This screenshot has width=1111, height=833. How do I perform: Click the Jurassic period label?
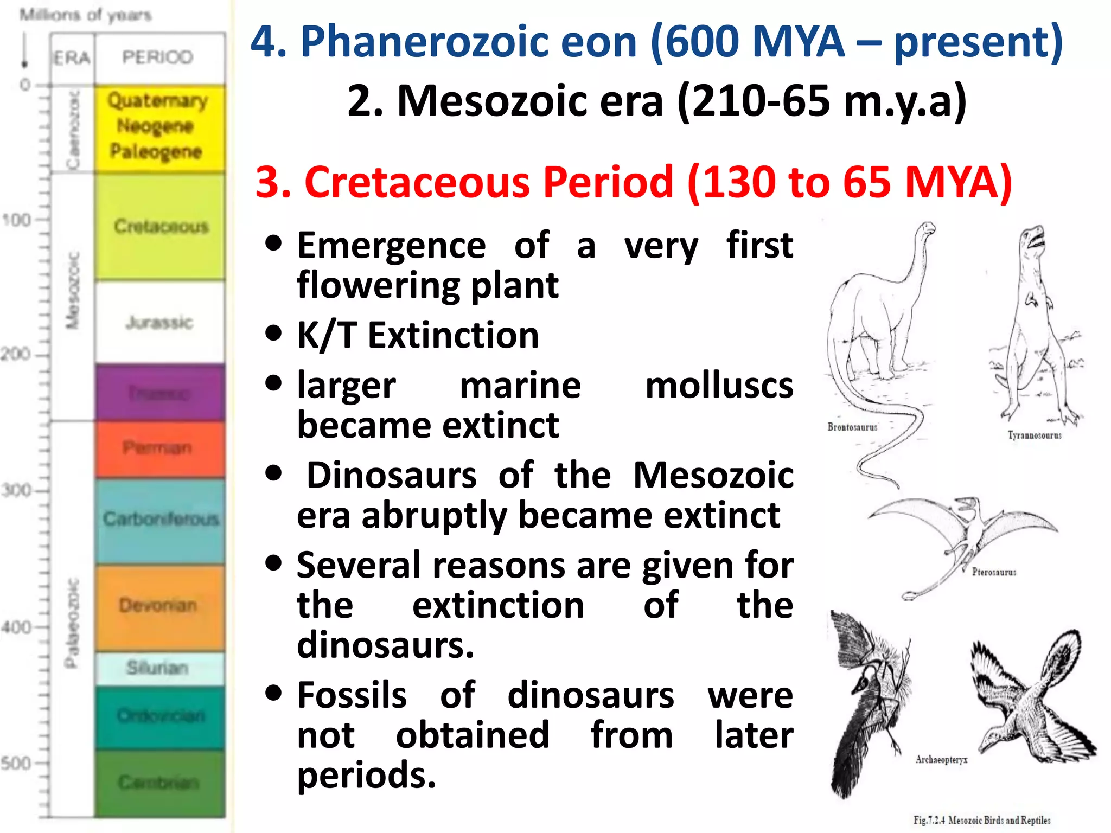point(159,323)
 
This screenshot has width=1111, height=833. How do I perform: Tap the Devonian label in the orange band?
point(158,605)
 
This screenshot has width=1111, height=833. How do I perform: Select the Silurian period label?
point(157,668)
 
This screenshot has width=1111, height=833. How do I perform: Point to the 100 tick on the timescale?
point(16,220)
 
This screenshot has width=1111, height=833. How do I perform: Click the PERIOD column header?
point(158,57)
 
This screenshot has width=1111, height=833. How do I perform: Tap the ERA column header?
point(72,57)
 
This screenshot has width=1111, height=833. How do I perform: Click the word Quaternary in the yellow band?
point(158,101)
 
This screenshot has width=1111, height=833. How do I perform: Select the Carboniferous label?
point(161,519)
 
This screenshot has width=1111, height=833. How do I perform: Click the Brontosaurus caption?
point(852,427)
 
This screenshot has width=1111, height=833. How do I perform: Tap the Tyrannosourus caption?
point(1035,435)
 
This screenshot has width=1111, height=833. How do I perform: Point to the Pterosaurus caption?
point(994,572)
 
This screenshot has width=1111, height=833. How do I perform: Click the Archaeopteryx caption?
point(942,760)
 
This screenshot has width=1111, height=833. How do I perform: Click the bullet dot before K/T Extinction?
point(274,333)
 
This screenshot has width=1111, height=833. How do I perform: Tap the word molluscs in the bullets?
point(719,386)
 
